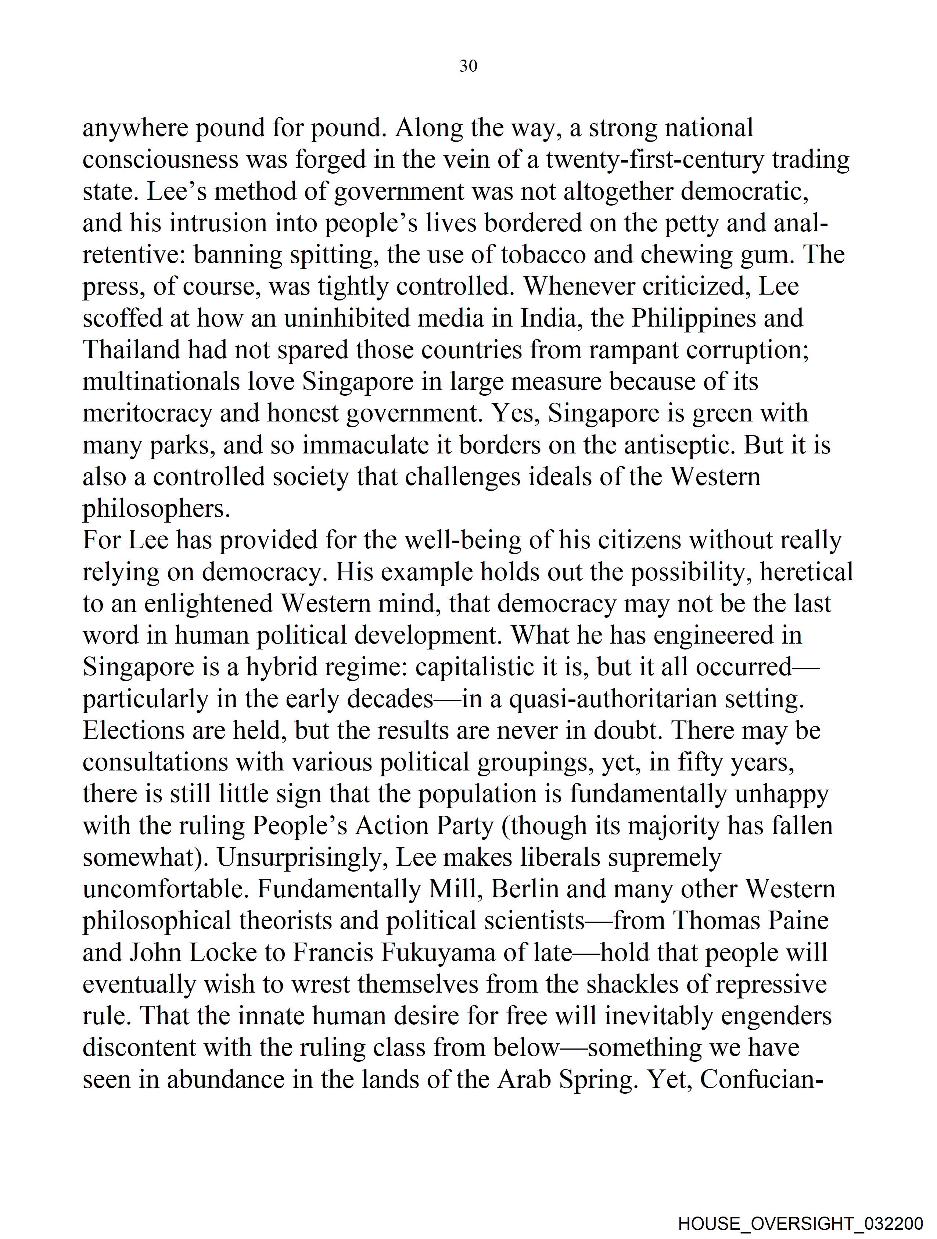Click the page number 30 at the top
coord(468,66)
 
